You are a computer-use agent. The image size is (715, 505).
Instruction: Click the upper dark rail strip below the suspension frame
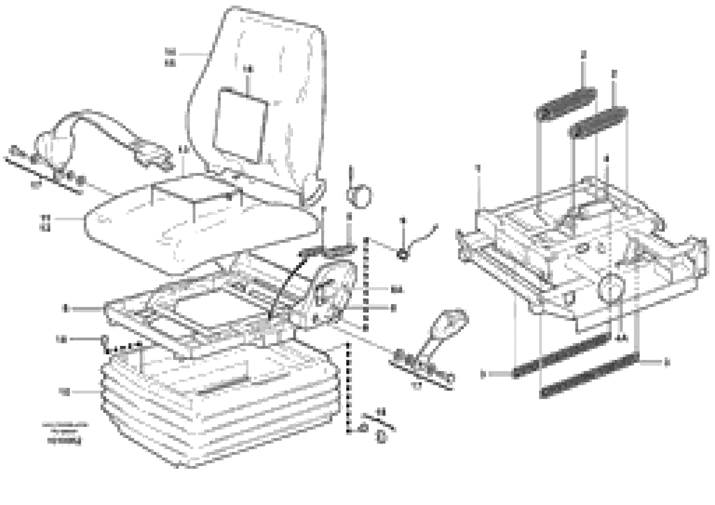point(561,358)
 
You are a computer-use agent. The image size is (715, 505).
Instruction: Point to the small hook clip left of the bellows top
point(105,341)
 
